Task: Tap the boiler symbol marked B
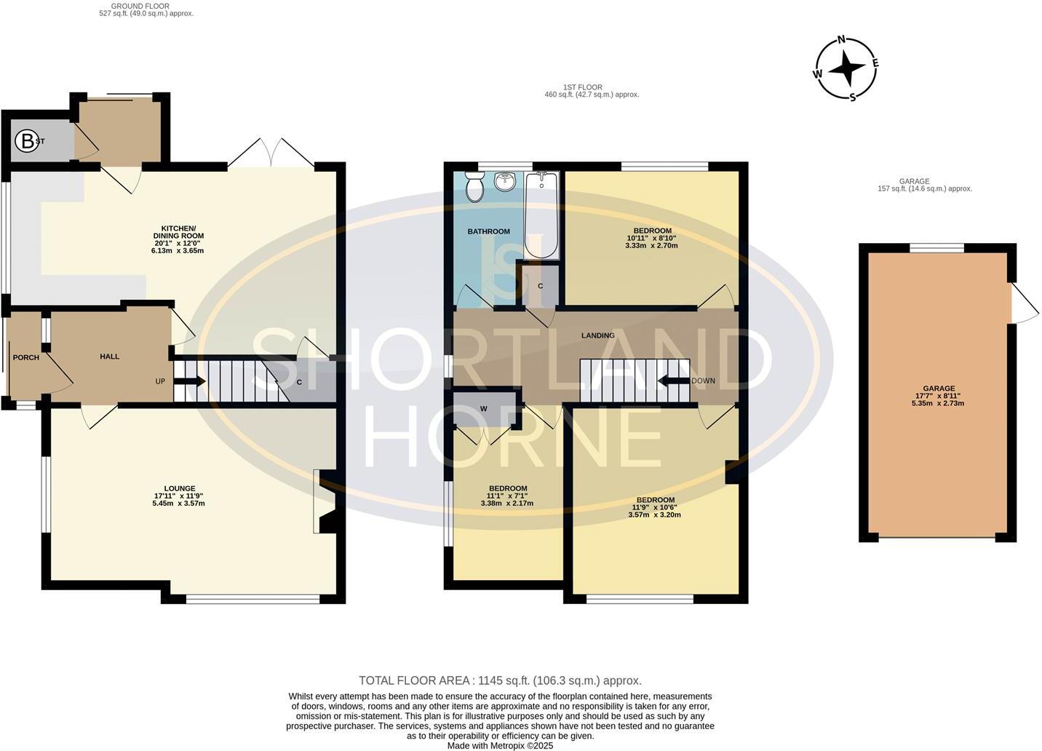(x=28, y=141)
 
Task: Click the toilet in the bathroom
(x=474, y=187)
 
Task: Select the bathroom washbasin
(x=504, y=181)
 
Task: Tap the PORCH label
(x=25, y=357)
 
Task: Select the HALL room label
(x=109, y=357)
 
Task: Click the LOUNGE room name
(x=179, y=488)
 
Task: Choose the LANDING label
(x=598, y=335)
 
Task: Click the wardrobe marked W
(x=483, y=409)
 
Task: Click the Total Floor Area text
(x=500, y=680)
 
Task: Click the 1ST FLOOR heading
(x=583, y=87)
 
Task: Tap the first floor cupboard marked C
(x=540, y=286)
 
